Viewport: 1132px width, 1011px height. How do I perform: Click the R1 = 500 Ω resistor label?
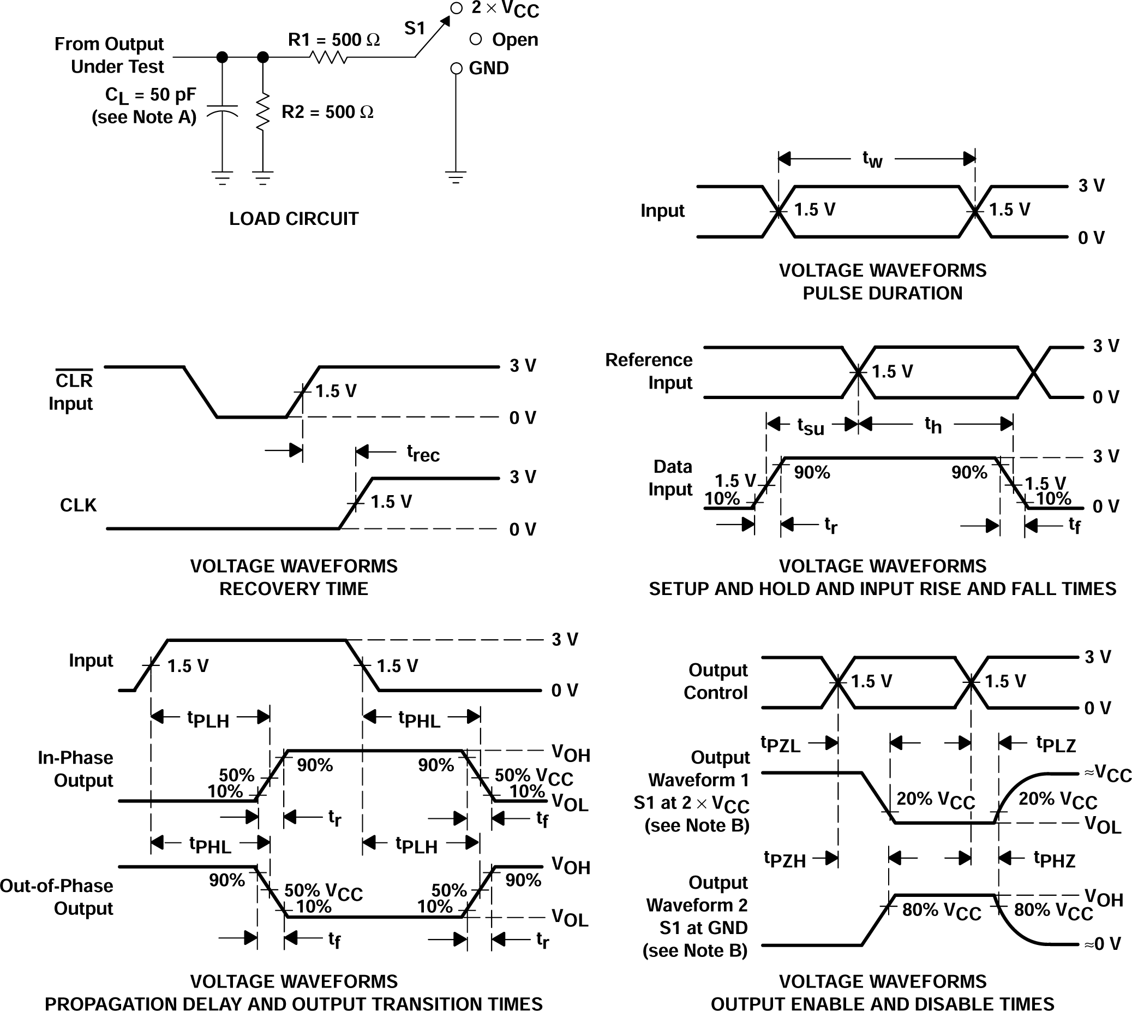[x=334, y=40]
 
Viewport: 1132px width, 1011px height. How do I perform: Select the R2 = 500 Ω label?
[x=327, y=112]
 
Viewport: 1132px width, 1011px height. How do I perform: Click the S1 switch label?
[x=414, y=28]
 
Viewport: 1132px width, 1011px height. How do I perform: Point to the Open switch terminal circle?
[x=475, y=39]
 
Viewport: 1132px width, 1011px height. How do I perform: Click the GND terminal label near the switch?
[x=489, y=68]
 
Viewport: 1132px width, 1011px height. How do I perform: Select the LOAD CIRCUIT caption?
[x=294, y=219]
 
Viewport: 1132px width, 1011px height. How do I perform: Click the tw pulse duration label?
[x=872, y=159]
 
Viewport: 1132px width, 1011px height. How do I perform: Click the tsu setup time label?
[x=811, y=426]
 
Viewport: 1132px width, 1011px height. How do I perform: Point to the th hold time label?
[x=933, y=425]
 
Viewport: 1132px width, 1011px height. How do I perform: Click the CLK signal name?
[x=77, y=505]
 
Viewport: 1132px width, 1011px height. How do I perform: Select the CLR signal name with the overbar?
[x=74, y=380]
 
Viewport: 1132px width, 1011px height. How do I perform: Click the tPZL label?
[x=780, y=745]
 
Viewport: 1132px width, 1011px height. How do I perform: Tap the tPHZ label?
[x=1055, y=859]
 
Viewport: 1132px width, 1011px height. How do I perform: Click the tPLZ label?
[x=1056, y=744]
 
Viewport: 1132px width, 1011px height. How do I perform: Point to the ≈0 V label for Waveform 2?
[x=1103, y=944]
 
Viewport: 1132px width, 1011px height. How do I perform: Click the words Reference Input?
[x=649, y=372]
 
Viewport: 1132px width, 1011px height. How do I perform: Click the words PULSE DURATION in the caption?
[x=882, y=293]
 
